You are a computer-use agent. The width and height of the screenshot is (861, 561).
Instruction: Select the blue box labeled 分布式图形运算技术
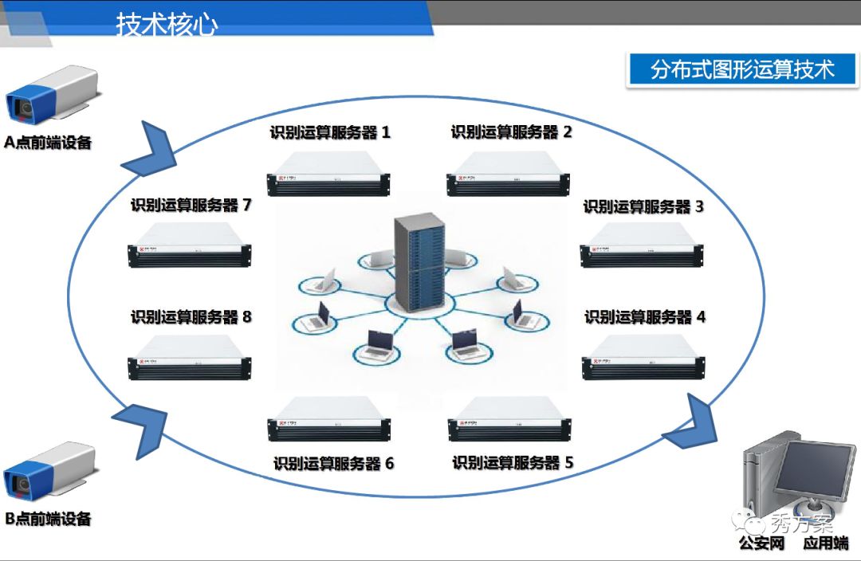pyautogui.click(x=741, y=69)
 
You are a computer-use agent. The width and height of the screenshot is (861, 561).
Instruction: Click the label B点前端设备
pyautogui.click(x=48, y=519)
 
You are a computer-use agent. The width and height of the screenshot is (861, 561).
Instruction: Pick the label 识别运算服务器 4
pyautogui.click(x=645, y=316)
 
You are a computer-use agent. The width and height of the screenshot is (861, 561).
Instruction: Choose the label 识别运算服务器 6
pyautogui.click(x=333, y=463)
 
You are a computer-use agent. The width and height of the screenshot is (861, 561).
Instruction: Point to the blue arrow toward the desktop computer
pyautogui.click(x=689, y=423)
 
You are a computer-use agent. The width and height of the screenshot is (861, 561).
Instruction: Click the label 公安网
pyautogui.click(x=761, y=543)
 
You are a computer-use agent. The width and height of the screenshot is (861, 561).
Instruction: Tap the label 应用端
pyautogui.click(x=825, y=543)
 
